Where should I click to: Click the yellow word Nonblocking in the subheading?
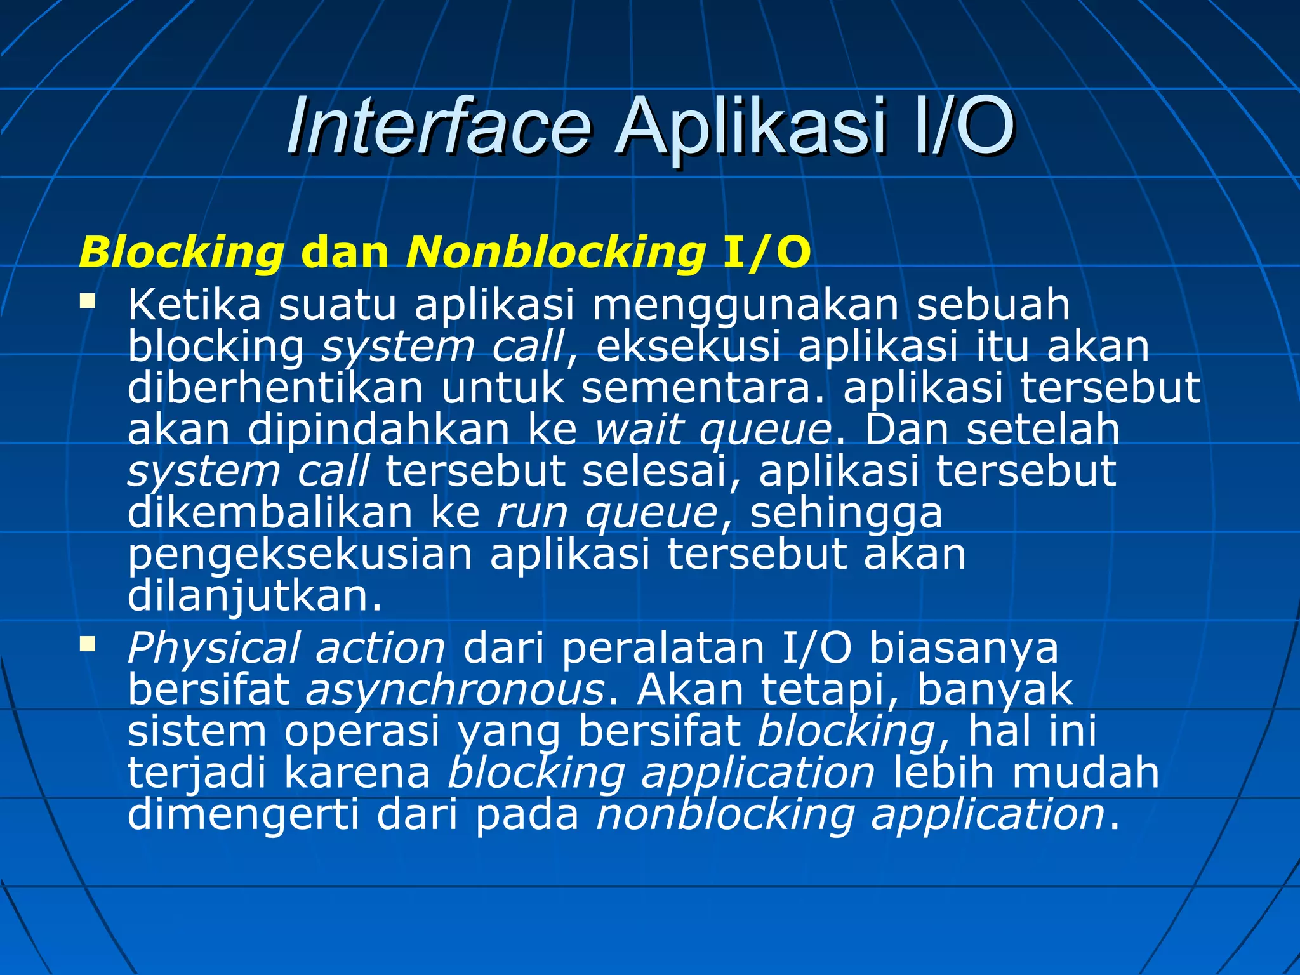(555, 253)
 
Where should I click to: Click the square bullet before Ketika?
(87, 300)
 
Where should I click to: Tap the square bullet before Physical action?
(87, 645)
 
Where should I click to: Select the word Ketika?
(194, 305)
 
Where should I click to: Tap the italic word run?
(532, 514)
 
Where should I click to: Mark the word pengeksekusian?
(300, 555)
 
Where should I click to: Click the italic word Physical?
(213, 649)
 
